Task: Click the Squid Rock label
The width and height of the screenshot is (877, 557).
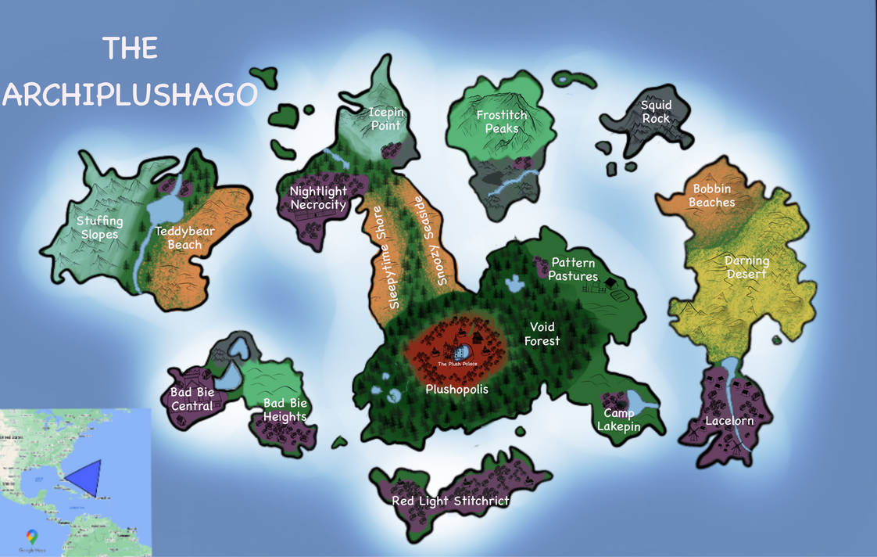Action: pyautogui.click(x=656, y=111)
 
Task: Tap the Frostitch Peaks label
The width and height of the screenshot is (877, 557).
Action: pyautogui.click(x=502, y=122)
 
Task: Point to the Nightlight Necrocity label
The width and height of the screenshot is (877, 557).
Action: pyautogui.click(x=318, y=198)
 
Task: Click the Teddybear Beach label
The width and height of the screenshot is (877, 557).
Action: pyautogui.click(x=184, y=238)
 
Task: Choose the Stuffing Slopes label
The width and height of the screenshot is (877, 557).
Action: pyautogui.click(x=98, y=228)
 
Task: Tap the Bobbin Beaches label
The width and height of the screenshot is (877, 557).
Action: pyautogui.click(x=713, y=196)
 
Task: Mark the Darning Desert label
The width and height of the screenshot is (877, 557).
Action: pyautogui.click(x=747, y=267)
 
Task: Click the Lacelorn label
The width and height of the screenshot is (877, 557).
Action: pyautogui.click(x=728, y=421)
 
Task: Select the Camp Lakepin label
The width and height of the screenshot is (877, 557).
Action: pyautogui.click(x=618, y=419)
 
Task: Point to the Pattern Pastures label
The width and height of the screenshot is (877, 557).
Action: pyautogui.click(x=573, y=269)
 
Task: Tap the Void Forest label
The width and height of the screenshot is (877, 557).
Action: pyautogui.click(x=545, y=333)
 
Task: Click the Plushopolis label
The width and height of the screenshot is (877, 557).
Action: pyautogui.click(x=456, y=389)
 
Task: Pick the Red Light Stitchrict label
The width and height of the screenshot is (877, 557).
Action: pyautogui.click(x=450, y=501)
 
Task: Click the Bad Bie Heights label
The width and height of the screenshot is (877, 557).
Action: pyautogui.click(x=285, y=410)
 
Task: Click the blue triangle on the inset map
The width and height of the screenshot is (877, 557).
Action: pyautogui.click(x=85, y=476)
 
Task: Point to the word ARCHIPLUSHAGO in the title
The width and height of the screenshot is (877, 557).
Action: pyautogui.click(x=130, y=94)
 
